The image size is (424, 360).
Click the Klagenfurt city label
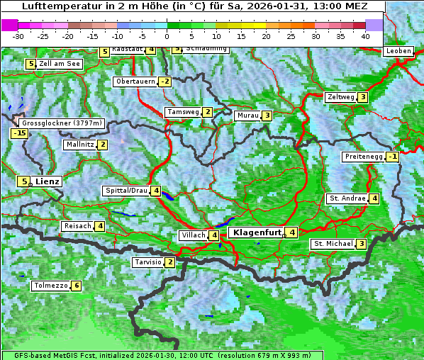pos(256,232)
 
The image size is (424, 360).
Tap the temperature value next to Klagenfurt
pos(291,232)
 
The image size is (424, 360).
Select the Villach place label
pos(193,235)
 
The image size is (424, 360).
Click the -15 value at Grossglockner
pos(19,133)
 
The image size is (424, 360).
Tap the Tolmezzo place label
pos(50,286)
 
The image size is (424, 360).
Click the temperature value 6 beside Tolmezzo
pos(77,286)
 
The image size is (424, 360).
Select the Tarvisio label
pos(147,263)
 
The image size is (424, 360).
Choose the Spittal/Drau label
pos(126,191)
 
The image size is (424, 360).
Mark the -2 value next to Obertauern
pos(165,81)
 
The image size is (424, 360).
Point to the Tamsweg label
pos(182,112)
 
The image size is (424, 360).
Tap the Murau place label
pos(247,116)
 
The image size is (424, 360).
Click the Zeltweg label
pos(340,97)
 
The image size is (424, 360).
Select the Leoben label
pos(398,51)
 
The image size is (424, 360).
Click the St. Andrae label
pos(347,198)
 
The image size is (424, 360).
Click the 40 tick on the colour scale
pos(365,35)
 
